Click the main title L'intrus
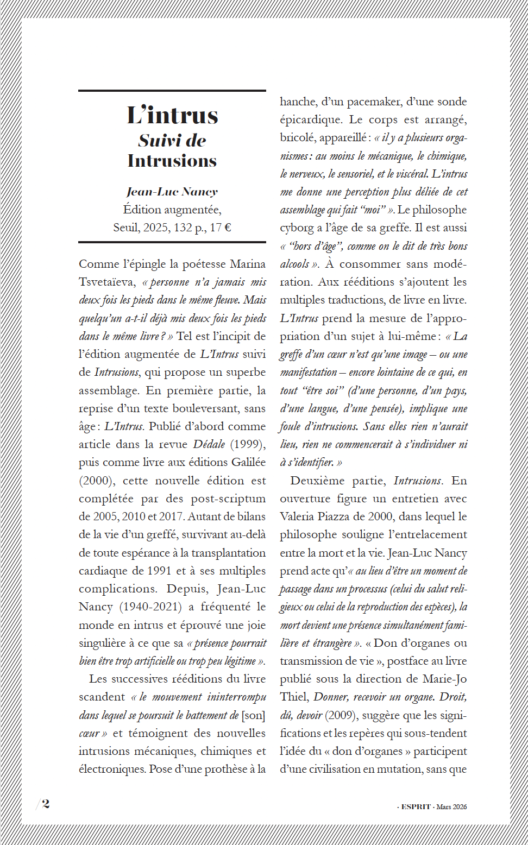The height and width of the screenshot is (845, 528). pyautogui.click(x=172, y=115)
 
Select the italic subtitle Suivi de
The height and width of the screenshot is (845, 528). pyautogui.click(x=172, y=141)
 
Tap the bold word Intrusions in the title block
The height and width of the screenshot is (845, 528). pyautogui.click(x=172, y=161)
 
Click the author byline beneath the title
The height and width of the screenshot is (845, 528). pyautogui.click(x=172, y=192)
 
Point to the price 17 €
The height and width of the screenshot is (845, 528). pyautogui.click(x=221, y=228)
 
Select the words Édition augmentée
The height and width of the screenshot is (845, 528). pyautogui.click(x=172, y=210)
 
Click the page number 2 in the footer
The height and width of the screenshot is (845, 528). pyautogui.click(x=46, y=804)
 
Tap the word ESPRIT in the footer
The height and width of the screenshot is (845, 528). pyautogui.click(x=416, y=807)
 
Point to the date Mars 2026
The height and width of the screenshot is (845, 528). pyautogui.click(x=451, y=807)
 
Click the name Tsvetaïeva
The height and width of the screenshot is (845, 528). pyautogui.click(x=106, y=282)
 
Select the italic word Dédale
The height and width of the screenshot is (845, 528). pyautogui.click(x=209, y=444)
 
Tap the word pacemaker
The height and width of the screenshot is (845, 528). pyautogui.click(x=373, y=102)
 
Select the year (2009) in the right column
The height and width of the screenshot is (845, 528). pyautogui.click(x=341, y=715)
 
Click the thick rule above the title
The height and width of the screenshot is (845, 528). pyautogui.click(x=172, y=91)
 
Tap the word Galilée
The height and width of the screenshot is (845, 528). pyautogui.click(x=248, y=462)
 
